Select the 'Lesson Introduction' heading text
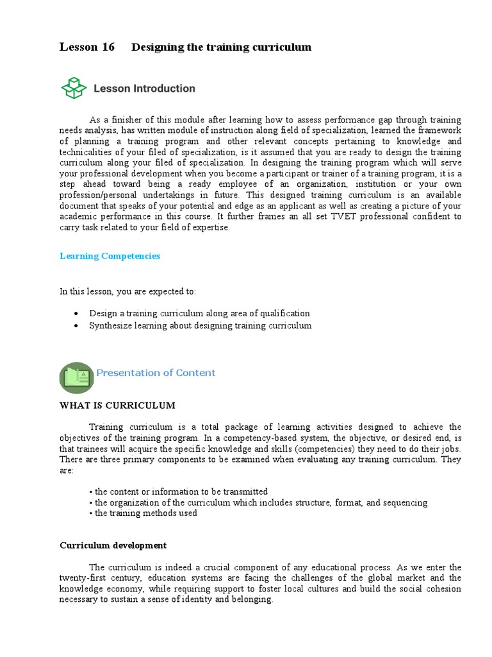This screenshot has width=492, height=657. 144,89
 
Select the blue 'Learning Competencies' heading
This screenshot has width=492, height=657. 110,256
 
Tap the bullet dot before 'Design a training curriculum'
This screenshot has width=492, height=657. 76,314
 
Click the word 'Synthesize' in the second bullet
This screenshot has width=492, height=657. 110,325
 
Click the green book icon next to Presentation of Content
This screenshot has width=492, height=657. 76,377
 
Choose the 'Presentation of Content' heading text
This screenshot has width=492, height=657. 156,373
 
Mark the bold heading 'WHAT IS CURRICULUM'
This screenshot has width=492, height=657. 117,405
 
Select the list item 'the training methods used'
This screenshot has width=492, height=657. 145,513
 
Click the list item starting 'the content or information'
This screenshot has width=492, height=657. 181,491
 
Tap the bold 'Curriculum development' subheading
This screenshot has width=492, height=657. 113,545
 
